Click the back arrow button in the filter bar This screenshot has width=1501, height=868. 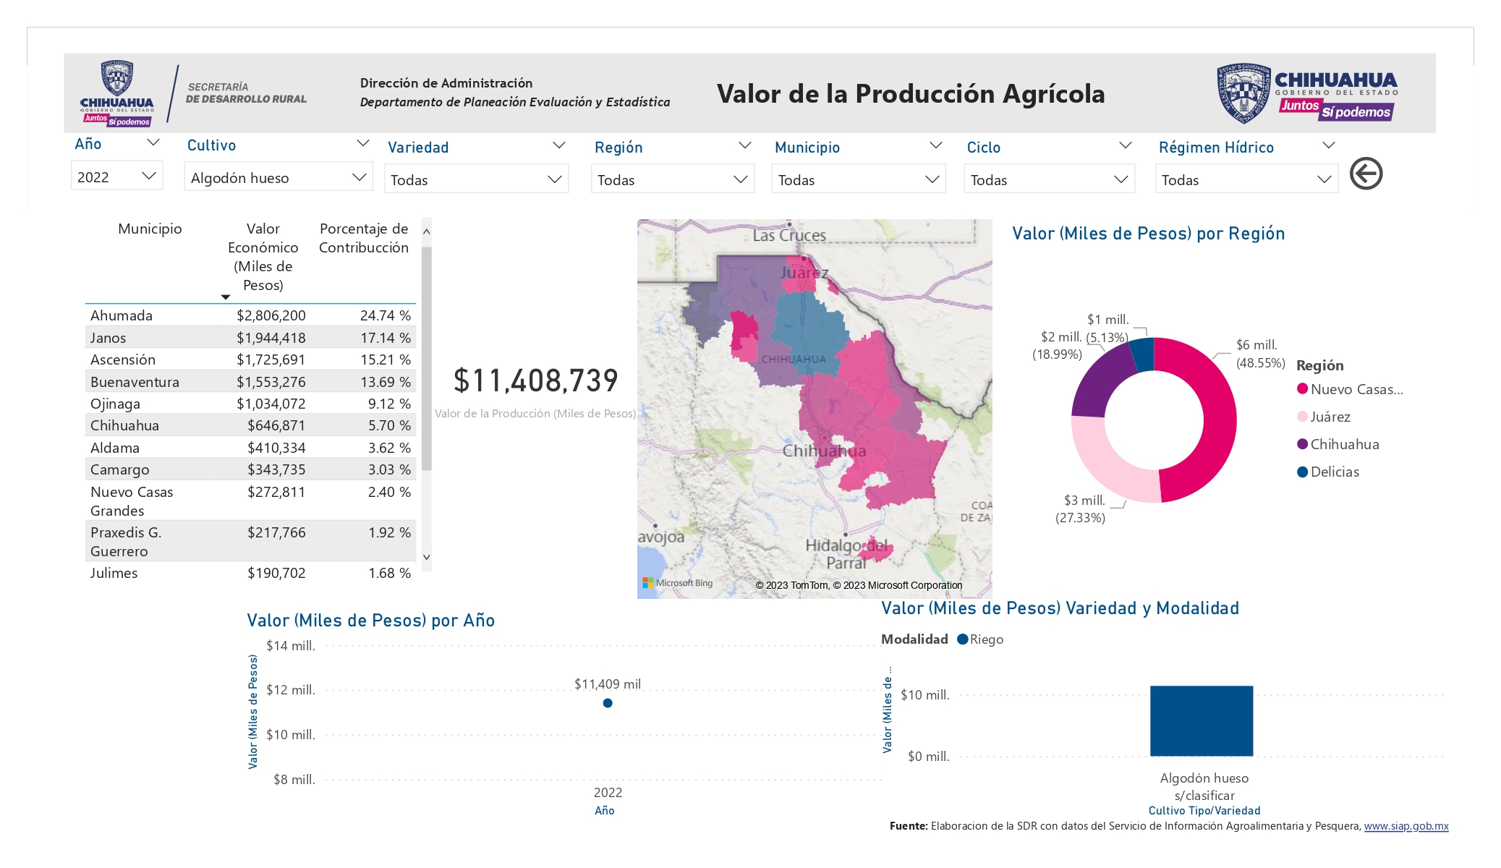pos(1366,174)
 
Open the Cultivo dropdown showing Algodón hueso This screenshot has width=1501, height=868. pos(278,177)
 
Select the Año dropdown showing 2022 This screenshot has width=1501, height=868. pos(116,176)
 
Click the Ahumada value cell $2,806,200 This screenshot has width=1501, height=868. pos(271,315)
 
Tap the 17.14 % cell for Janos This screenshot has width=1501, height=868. pos(386,338)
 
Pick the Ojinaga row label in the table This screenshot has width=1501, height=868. pos(115,404)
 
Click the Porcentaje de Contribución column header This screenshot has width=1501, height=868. pos(364,238)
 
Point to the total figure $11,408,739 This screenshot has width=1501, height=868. pos(536,380)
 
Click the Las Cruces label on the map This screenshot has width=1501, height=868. pos(789,235)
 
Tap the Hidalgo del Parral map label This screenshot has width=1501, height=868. pos(846,554)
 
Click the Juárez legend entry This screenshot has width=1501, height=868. pos(1324,417)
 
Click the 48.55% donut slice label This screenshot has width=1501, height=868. pos(1260,363)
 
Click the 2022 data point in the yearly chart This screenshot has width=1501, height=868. pos(608,703)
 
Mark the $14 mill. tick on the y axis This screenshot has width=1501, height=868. pos(291,646)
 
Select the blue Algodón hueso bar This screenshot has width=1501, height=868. pos(1202,721)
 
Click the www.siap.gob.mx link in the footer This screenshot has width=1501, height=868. pos(1406,826)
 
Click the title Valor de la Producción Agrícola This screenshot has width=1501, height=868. pos(911,94)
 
